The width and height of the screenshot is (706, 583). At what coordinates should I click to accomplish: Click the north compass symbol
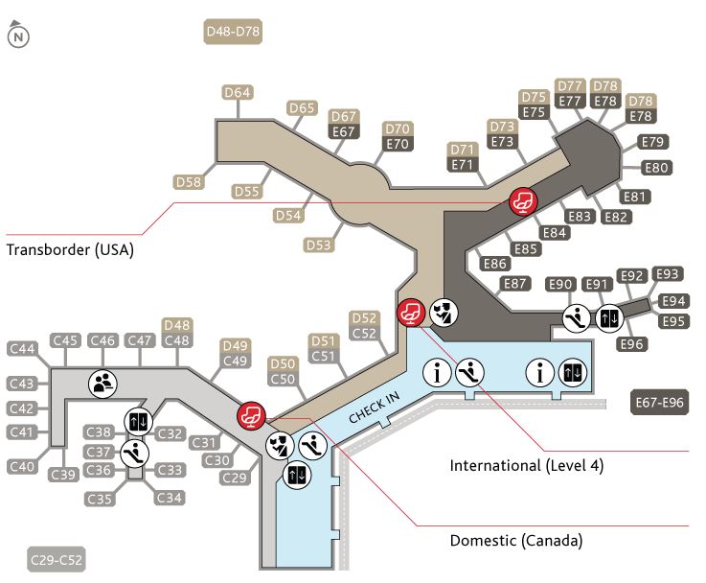[x=18, y=35]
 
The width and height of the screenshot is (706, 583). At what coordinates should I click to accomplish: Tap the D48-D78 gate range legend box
[x=233, y=32]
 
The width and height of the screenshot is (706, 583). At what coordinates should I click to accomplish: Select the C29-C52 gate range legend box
[x=57, y=560]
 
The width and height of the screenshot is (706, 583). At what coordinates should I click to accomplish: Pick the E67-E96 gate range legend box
[x=660, y=402]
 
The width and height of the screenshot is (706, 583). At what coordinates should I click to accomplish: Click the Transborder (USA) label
[x=70, y=249]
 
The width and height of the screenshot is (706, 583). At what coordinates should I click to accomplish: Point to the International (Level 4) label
[x=526, y=465]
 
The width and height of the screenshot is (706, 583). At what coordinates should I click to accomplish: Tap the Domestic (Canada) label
[x=516, y=540]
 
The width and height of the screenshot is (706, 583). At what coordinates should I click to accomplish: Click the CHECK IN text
[x=375, y=408]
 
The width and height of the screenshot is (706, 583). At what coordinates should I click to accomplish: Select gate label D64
[x=238, y=92]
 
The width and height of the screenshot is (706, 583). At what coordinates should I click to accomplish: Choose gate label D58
[x=189, y=182]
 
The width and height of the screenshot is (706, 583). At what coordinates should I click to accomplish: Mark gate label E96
[x=631, y=344]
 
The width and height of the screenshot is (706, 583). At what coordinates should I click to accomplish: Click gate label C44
[x=22, y=348]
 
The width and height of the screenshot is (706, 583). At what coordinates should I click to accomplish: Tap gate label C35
[x=99, y=499]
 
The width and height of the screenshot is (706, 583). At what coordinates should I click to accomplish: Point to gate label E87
[x=514, y=284]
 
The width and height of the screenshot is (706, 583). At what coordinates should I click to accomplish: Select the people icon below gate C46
[x=102, y=384]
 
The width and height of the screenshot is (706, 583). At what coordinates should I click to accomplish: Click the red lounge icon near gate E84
[x=523, y=201]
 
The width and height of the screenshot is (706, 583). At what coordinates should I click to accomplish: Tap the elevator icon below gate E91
[x=610, y=317]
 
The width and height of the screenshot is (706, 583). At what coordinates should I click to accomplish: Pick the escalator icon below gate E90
[x=577, y=317]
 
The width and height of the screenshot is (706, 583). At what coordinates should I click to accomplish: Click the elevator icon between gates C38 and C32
[x=138, y=422]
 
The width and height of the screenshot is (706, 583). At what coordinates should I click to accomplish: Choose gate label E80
[x=656, y=168]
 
